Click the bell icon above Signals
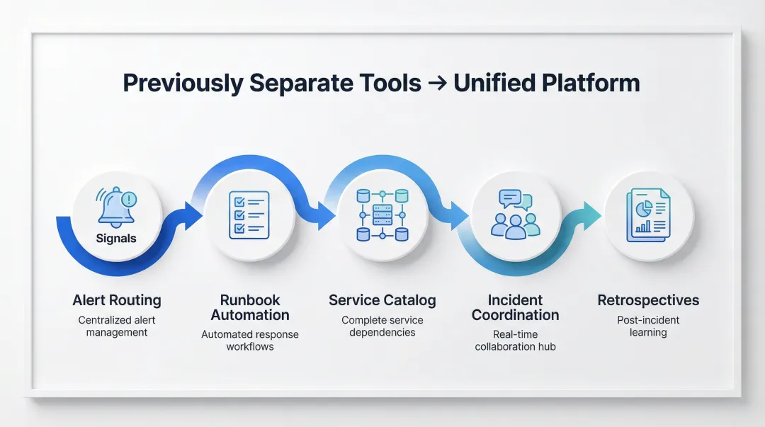pos(116,207)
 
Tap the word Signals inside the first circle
pos(116,238)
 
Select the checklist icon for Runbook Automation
pos(249,215)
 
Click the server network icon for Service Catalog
pos(382,215)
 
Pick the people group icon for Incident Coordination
pos(515,215)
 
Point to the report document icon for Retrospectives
pos(648,215)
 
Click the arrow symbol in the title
pos(437,83)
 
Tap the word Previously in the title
pos(183,84)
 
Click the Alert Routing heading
pos(117,300)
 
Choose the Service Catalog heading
pos(382,300)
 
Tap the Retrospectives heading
pos(648,300)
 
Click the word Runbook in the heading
pos(250,300)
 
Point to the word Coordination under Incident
pos(515,314)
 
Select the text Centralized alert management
pos(117,326)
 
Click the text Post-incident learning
pos(648,326)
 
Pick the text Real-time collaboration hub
pos(515,340)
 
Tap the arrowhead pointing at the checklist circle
pos(193,216)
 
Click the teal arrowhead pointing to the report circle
pos(591,216)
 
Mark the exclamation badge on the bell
pos(129,199)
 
